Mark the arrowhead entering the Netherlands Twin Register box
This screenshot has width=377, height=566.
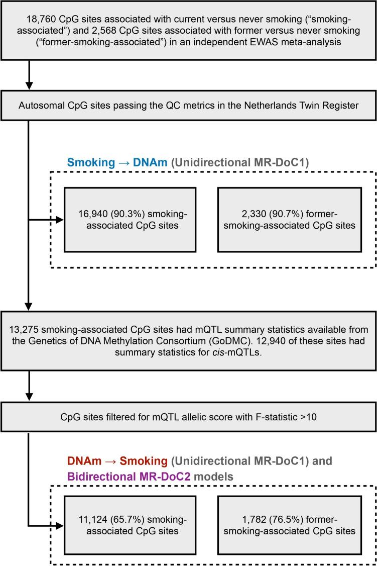[x=30, y=87]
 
